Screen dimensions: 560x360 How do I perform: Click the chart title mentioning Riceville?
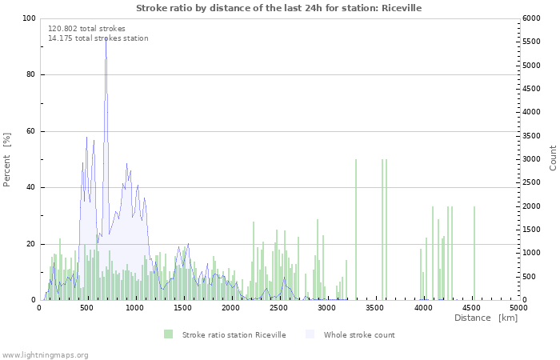click(x=278, y=8)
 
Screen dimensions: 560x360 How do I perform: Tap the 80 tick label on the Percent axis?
click(x=31, y=74)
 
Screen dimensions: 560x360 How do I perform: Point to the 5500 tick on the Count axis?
click(x=530, y=42)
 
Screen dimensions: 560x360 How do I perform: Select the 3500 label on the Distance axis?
click(x=374, y=308)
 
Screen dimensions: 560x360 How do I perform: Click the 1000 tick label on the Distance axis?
click(x=134, y=308)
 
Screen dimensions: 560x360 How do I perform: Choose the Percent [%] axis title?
click(x=6, y=160)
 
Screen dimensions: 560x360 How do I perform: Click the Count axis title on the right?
click(x=553, y=158)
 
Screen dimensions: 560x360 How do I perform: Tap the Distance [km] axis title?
click(x=486, y=318)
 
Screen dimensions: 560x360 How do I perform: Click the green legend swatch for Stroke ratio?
click(x=168, y=334)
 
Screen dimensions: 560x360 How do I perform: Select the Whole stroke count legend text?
click(x=359, y=335)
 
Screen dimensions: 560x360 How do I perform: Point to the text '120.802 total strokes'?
click(x=86, y=29)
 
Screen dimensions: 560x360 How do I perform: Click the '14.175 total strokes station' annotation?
click(x=98, y=38)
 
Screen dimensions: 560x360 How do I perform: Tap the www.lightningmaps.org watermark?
click(x=45, y=355)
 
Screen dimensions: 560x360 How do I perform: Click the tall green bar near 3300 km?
click(x=356, y=230)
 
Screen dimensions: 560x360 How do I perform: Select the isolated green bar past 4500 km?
click(x=474, y=254)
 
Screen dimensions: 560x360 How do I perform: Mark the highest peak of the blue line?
click(x=106, y=38)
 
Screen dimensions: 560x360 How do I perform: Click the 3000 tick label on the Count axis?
click(x=530, y=159)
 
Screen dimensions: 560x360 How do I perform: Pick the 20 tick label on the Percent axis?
click(x=31, y=244)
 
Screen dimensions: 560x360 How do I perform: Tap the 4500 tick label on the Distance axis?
click(x=470, y=308)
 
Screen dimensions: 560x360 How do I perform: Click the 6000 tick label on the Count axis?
click(x=530, y=18)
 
